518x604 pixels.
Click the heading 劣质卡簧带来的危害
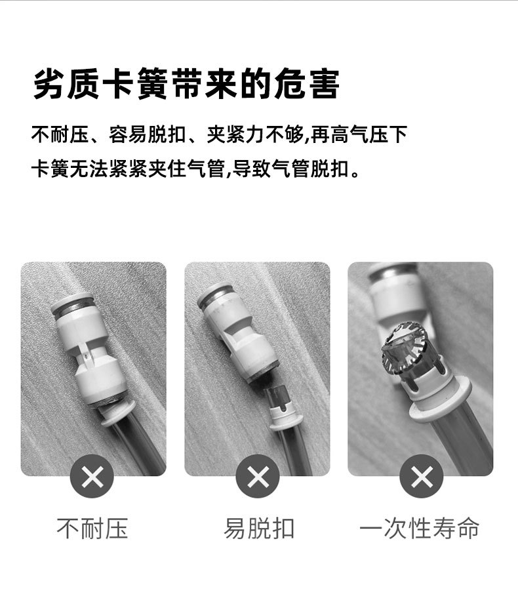[x=186, y=83]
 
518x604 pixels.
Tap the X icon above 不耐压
[x=92, y=476]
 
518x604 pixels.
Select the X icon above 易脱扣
[x=258, y=476]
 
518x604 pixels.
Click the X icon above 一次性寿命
[x=422, y=476]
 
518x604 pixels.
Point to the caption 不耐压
[x=92, y=529]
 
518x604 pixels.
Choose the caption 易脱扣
[x=259, y=529]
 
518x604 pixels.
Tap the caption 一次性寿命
[x=419, y=529]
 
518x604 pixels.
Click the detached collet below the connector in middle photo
[x=283, y=407]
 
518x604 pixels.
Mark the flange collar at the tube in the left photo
[x=118, y=413]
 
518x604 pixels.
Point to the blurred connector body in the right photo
[x=397, y=294]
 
